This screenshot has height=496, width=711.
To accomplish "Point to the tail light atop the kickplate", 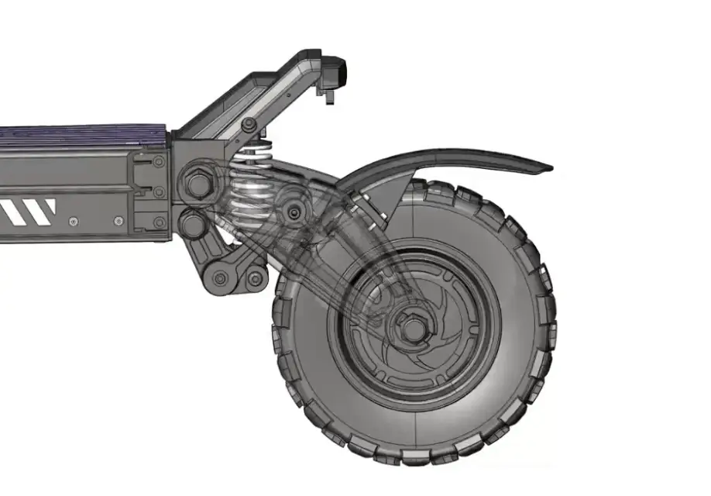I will click(339, 73).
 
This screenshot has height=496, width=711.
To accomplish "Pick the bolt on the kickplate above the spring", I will click(248, 124).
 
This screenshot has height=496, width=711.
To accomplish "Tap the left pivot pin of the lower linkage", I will click(220, 278).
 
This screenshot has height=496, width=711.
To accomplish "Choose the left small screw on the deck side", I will click(73, 221).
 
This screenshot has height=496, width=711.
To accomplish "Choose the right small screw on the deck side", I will click(118, 221).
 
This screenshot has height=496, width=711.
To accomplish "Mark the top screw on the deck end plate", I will click(158, 162).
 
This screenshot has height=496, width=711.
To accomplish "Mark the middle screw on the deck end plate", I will click(158, 191).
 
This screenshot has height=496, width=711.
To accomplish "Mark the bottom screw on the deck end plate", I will click(158, 222).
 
